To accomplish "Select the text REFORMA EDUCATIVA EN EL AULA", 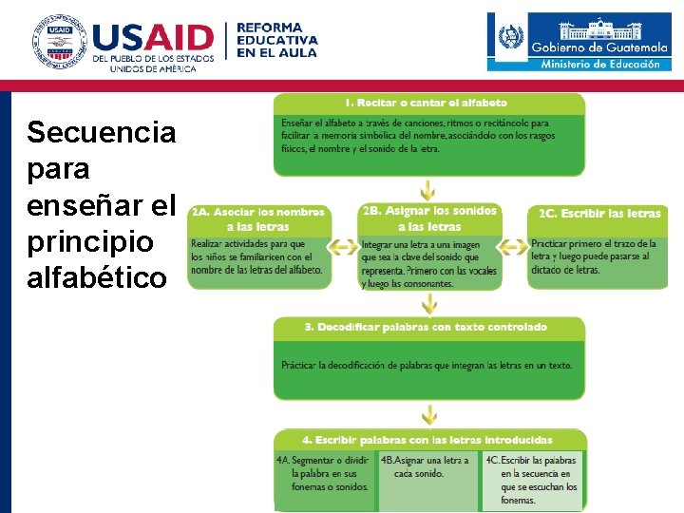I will (276, 40).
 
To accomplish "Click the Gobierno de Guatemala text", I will (598, 47).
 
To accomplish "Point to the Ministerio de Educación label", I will (599, 65).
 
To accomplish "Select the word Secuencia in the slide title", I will (101, 132).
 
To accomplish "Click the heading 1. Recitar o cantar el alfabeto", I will (426, 103).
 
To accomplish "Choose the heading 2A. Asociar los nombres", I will (257, 212).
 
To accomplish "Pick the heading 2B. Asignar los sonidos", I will (429, 211).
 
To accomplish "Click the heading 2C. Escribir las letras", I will (599, 214).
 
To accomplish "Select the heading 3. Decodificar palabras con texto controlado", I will (426, 327).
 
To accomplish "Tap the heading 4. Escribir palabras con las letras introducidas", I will (427, 440).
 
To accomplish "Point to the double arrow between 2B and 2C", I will (513, 248).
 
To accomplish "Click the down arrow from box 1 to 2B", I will (429, 189).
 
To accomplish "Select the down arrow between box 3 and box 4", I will (429, 415).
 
